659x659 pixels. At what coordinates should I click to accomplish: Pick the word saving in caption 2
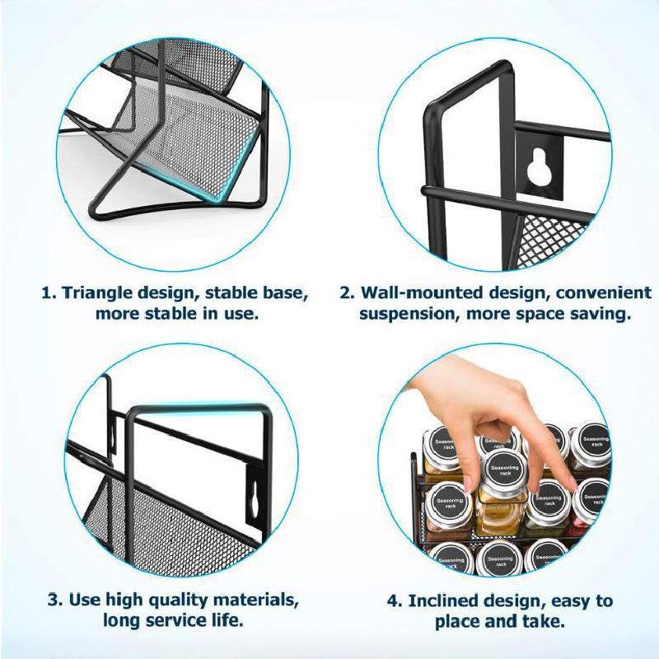tap(603, 314)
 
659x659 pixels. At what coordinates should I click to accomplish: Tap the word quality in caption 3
tap(161, 598)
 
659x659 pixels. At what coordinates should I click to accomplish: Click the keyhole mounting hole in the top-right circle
tap(538, 165)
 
